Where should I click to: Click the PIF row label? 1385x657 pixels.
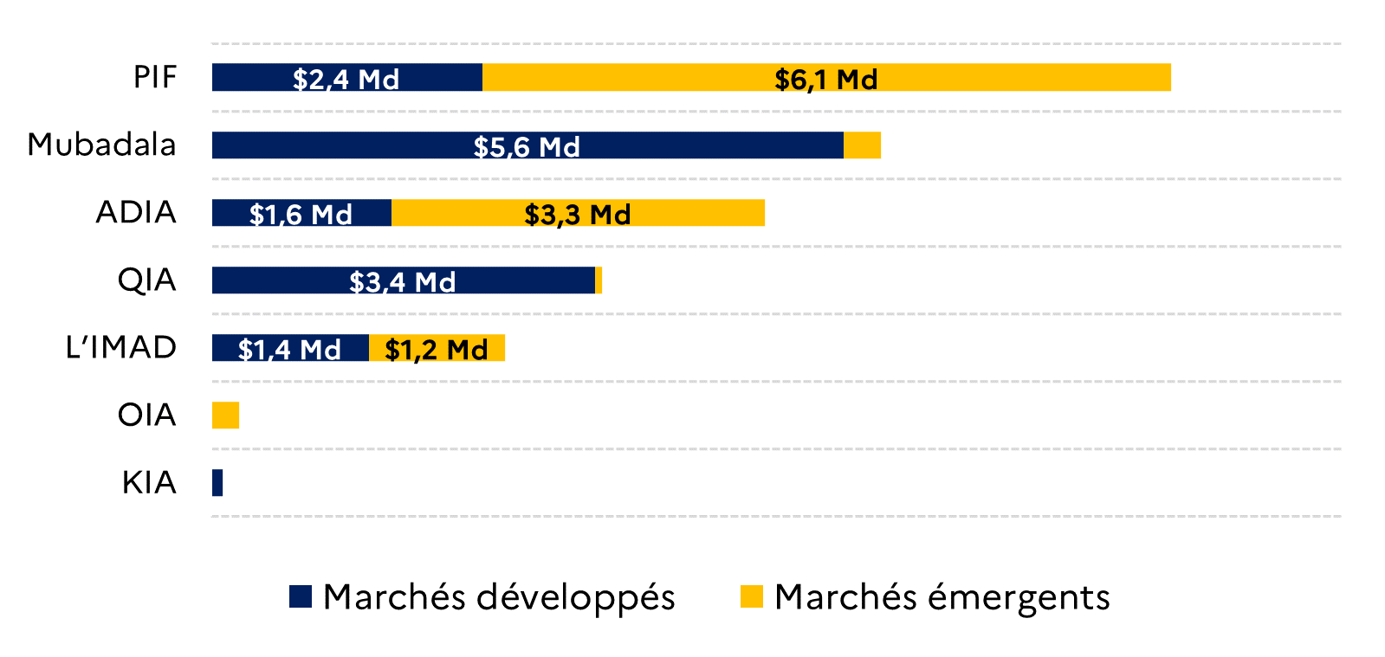[155, 77]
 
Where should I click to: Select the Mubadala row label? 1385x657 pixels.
[102, 145]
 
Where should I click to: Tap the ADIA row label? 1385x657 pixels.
[136, 212]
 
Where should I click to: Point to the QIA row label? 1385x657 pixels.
[147, 280]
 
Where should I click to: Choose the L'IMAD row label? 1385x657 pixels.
[121, 347]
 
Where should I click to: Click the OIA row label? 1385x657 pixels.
[147, 415]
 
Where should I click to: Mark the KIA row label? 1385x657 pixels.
[149, 483]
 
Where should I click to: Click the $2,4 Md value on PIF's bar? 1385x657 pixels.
[346, 79]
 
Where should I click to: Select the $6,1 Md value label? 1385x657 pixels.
[826, 79]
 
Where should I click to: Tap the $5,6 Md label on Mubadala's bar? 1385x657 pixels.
[527, 147]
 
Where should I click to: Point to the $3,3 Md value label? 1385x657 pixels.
[578, 215]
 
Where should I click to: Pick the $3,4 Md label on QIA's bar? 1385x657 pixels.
[403, 282]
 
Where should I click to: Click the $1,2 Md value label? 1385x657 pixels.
[436, 350]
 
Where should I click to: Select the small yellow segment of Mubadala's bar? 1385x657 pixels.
[862, 145]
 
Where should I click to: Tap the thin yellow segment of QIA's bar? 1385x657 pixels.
[599, 280]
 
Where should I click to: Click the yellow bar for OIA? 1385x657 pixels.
[226, 415]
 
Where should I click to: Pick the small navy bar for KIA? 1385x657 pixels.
[217, 483]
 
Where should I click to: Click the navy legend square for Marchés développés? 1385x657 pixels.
[301, 596]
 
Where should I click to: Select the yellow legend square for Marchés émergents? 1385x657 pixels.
[752, 596]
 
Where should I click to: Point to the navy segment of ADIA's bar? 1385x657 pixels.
[301, 213]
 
